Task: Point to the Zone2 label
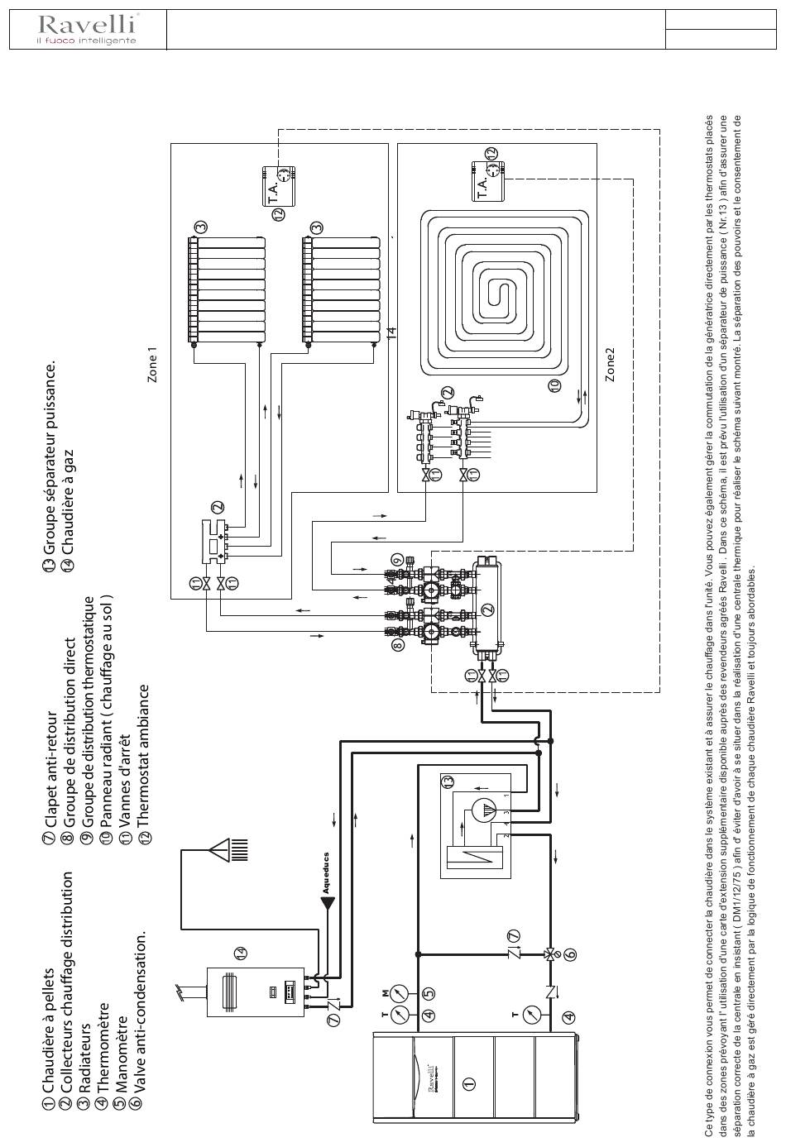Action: point(611,364)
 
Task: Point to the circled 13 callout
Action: point(448,780)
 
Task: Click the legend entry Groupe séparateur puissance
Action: point(49,460)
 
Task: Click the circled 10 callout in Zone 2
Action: point(554,385)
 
